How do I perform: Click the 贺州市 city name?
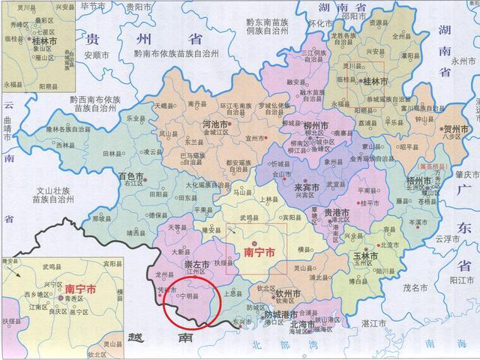pyautogui.click(x=457, y=129)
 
